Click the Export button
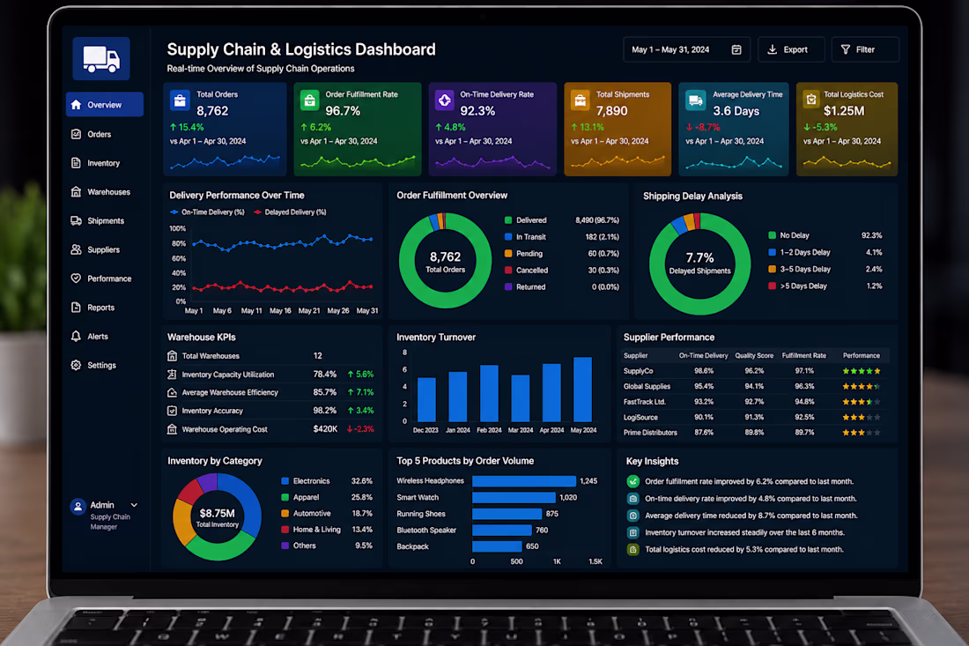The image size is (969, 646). coord(791,49)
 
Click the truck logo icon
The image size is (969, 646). coord(101,59)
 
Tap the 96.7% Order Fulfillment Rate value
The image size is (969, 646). coord(343,111)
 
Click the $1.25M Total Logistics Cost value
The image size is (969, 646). coord(844,111)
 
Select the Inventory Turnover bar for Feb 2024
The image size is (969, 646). coord(490,394)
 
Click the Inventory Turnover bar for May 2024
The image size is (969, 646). coord(583,390)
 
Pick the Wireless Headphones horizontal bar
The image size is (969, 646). coord(524,481)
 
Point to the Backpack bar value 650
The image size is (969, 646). coord(532,546)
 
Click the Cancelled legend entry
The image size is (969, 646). coord(527,271)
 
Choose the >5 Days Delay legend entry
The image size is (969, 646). coord(798,286)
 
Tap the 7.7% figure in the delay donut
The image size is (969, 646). coord(699,257)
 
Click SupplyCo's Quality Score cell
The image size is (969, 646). coord(754,371)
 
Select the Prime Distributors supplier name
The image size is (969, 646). coord(650,433)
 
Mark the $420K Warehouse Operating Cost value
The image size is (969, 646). coord(325,429)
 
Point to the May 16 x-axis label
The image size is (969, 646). coord(280,311)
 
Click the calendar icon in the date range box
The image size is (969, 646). coord(736,49)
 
